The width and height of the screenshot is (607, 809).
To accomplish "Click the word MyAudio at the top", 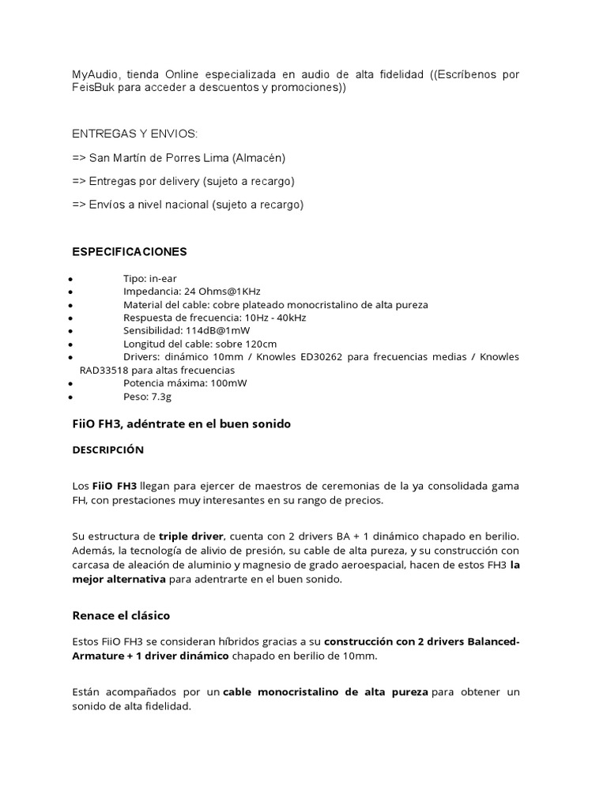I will (x=94, y=74).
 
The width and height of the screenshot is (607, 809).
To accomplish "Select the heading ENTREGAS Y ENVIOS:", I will (x=135, y=135).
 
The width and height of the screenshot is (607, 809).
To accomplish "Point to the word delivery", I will (x=173, y=181).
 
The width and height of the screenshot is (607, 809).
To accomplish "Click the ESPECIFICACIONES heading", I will (x=130, y=251).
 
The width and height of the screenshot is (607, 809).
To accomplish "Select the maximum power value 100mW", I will (x=227, y=382).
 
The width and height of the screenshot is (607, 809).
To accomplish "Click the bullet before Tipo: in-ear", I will (x=72, y=279).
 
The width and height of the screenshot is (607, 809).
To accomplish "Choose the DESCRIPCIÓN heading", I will (x=108, y=450).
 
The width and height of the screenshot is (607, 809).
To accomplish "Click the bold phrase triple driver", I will (x=192, y=536).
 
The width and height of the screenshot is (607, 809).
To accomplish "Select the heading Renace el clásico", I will (x=121, y=615).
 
